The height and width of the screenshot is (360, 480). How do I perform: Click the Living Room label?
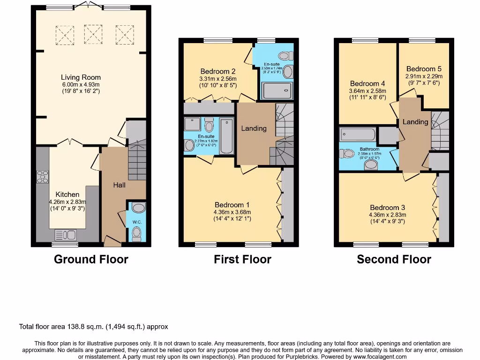pos(81,77)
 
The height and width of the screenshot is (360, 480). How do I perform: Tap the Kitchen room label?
pos(67,194)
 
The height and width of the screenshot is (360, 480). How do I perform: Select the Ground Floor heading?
pos(91,259)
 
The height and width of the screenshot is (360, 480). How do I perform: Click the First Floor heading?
pos(242,259)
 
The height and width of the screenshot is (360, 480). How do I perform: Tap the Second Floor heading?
pos(394,259)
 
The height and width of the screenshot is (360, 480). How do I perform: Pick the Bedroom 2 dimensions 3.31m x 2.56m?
pos(218,79)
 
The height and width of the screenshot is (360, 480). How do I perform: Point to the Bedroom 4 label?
pos(367,83)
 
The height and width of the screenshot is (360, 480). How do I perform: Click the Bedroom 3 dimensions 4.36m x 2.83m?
pos(388,215)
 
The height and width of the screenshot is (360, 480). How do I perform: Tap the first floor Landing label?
pos(254,128)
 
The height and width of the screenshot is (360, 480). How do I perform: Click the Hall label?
pos(120,185)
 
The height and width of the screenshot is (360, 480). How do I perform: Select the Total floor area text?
pos(93,327)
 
